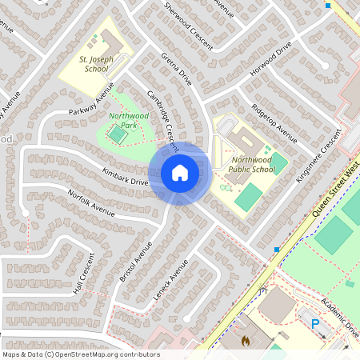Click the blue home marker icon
pyautogui.click(x=180, y=172)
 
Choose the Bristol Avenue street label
pyautogui.click(x=135, y=260)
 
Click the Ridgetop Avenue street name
pyautogui.click(x=274, y=123)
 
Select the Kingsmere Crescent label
pyautogui.click(x=318, y=158)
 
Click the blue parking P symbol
pyautogui.click(x=315, y=324)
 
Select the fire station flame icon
pyautogui.click(x=246, y=341)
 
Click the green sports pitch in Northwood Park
pyautogui.click(x=118, y=137)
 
